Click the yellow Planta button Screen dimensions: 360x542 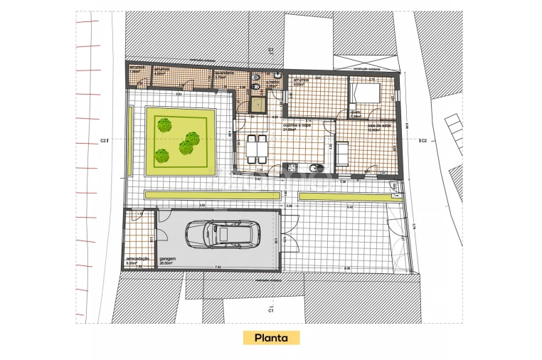270,337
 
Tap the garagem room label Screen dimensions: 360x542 167,259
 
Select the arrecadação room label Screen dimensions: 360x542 137,258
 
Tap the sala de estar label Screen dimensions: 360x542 361,125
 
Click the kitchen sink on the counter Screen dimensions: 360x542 318,169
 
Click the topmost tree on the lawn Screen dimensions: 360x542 165,125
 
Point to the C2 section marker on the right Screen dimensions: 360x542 423,141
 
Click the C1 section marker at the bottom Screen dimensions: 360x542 271,311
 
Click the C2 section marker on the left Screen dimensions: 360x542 104,141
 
